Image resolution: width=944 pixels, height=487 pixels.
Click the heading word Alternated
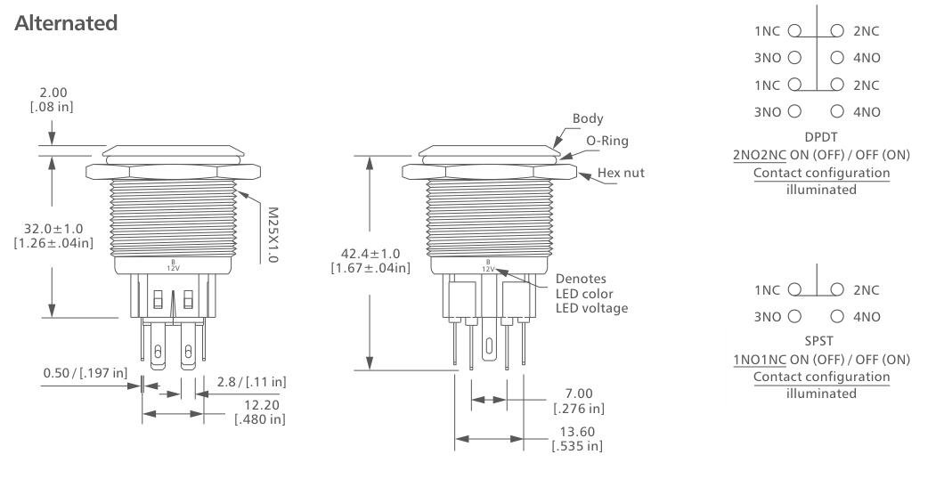(66, 24)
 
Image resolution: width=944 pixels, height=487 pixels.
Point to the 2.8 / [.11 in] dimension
(253, 381)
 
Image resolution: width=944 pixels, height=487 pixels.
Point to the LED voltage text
(592, 308)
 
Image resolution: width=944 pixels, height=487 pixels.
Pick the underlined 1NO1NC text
(755, 360)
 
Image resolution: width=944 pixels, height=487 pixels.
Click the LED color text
(586, 293)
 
